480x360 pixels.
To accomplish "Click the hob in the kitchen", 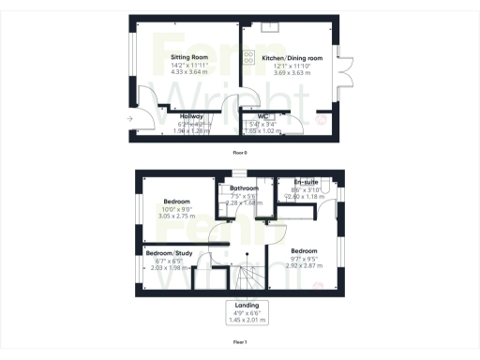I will (x=248, y=58).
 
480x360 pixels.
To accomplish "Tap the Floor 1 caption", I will (x=240, y=344).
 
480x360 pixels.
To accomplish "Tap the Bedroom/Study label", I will (x=165, y=253).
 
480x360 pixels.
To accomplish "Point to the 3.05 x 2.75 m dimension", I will (x=177, y=217).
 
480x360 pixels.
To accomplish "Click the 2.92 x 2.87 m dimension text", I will (x=303, y=266).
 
